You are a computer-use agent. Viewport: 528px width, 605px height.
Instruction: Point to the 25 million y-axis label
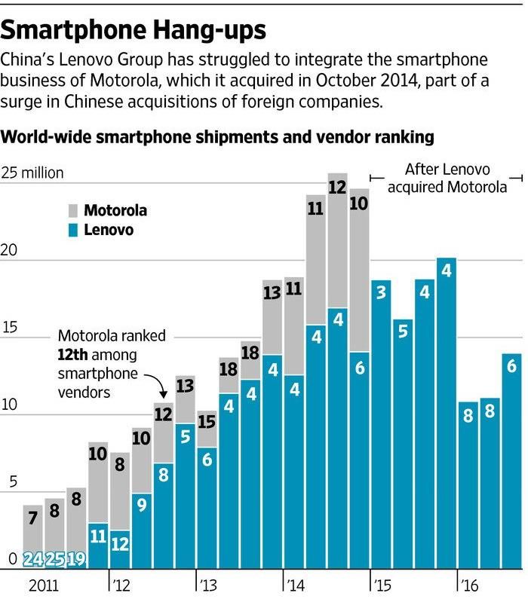[x=33, y=173]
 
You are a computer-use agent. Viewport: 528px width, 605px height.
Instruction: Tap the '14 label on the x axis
[x=296, y=584]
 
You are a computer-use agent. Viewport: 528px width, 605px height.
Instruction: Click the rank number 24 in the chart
[x=32, y=560]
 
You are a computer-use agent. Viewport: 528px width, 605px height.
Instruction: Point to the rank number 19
[x=76, y=560]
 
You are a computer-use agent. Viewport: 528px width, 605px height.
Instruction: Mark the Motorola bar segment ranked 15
[x=207, y=429]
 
